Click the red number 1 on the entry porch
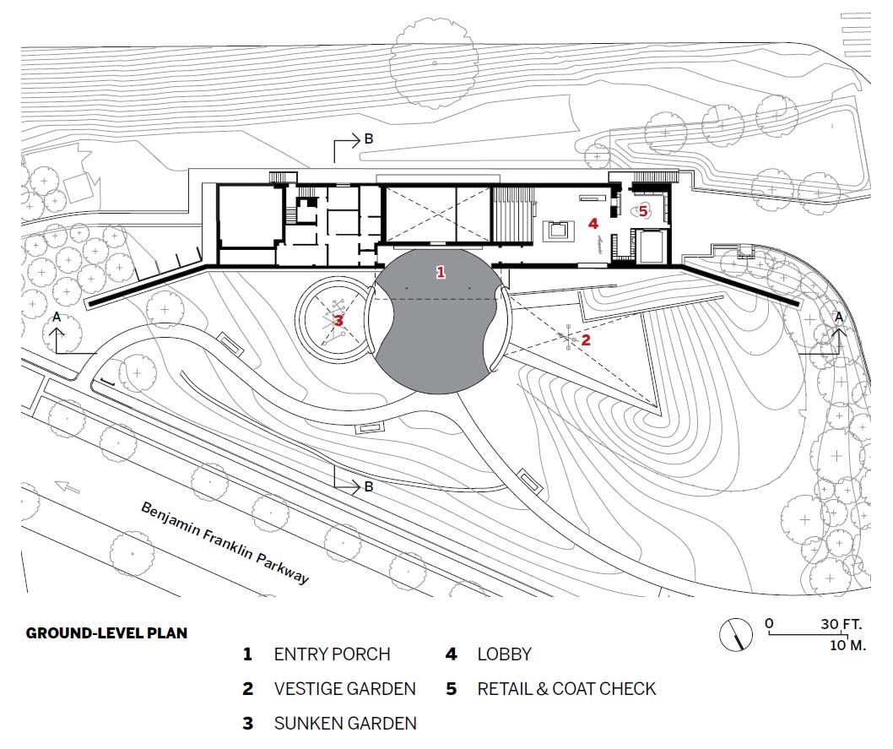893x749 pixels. point(440,272)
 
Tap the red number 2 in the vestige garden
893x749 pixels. point(586,340)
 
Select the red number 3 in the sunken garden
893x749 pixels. point(338,320)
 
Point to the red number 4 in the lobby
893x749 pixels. point(593,224)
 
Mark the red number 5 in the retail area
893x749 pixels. point(643,210)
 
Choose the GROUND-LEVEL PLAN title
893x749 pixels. point(106,632)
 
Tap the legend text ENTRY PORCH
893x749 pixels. point(332,654)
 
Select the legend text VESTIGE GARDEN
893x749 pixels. point(344,689)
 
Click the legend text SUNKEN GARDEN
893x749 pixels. point(344,724)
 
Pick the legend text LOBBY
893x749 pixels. point(504,654)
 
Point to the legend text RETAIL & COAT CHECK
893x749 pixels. point(566,689)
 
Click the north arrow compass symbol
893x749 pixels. point(736,633)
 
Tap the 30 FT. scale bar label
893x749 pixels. point(840,625)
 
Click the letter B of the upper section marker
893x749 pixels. point(368,139)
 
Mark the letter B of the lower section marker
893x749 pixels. point(368,486)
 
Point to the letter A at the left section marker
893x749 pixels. point(57,317)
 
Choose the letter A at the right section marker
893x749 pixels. point(838,317)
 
